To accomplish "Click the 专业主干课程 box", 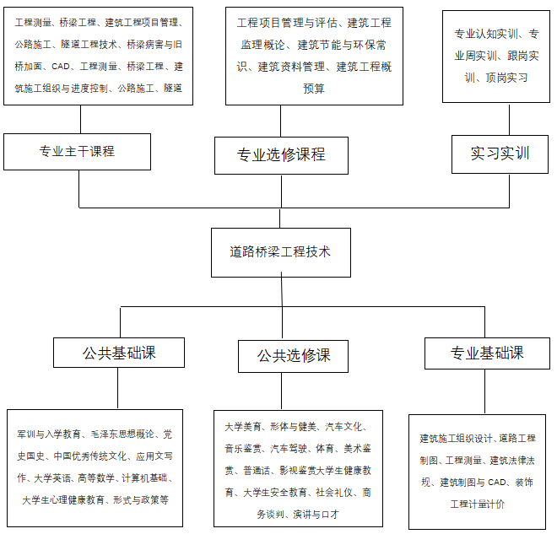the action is pyautogui.click(x=77, y=152).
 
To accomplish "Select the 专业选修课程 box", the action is pyautogui.click(x=281, y=155).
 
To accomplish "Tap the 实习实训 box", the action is pyautogui.click(x=500, y=154).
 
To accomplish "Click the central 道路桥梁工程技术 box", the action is pyautogui.click(x=281, y=252).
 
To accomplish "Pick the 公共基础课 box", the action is pyautogui.click(x=119, y=353).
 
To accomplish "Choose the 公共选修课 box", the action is pyautogui.click(x=293, y=356).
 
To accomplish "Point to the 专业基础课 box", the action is pyautogui.click(x=487, y=353).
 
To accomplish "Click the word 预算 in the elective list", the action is pyautogui.click(x=314, y=89).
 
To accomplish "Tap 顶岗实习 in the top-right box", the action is pyautogui.click(x=506, y=78).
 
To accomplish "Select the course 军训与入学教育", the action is pyautogui.click(x=49, y=434).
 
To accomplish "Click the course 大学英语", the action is pyautogui.click(x=52, y=478).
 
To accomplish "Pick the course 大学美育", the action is pyautogui.click(x=243, y=426).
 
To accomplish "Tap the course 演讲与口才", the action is pyautogui.click(x=316, y=514).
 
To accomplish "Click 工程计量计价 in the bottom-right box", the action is pyautogui.click(x=478, y=504).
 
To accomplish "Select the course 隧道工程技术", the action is pyautogui.click(x=89, y=45).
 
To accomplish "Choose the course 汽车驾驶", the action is pyautogui.click(x=289, y=449).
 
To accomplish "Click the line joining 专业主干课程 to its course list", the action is pyautogui.click(x=81, y=119).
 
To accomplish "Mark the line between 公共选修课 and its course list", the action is pyautogui.click(x=281, y=391).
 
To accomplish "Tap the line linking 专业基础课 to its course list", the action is pyautogui.click(x=485, y=391).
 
